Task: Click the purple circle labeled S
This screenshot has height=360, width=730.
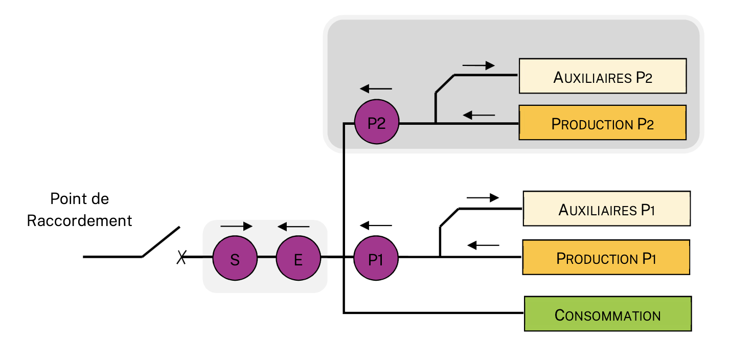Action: pyautogui.click(x=235, y=259)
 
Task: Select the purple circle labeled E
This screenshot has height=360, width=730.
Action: pyautogui.click(x=298, y=259)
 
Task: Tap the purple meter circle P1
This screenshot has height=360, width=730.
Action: pyautogui.click(x=376, y=259)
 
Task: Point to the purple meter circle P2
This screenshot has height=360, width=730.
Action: pyautogui.click(x=376, y=123)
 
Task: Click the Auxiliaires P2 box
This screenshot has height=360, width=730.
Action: pyautogui.click(x=602, y=76)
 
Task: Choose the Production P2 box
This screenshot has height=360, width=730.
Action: pyautogui.click(x=602, y=123)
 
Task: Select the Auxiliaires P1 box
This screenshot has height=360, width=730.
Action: pyautogui.click(x=606, y=209)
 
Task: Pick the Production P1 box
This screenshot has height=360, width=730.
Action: pyautogui.click(x=606, y=258)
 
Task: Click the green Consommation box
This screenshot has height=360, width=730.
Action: pyautogui.click(x=608, y=313)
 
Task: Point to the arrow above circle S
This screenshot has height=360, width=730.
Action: pyautogui.click(x=236, y=226)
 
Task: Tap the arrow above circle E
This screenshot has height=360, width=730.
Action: pyautogui.click(x=293, y=226)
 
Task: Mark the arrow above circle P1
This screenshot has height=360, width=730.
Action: pyautogui.click(x=376, y=225)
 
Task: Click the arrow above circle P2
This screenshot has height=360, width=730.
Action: pyautogui.click(x=376, y=88)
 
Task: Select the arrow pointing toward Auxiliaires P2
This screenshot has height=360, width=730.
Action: pyautogui.click(x=478, y=65)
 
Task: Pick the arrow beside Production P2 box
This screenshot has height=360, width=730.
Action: pyautogui.click(x=479, y=115)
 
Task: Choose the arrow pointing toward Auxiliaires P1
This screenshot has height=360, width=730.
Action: pyautogui.click(x=483, y=197)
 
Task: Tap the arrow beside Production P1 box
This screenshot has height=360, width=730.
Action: pyautogui.click(x=484, y=245)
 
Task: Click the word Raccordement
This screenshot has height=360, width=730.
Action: pyautogui.click(x=79, y=221)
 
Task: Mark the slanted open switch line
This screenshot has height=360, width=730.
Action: pyautogui.click(x=161, y=241)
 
